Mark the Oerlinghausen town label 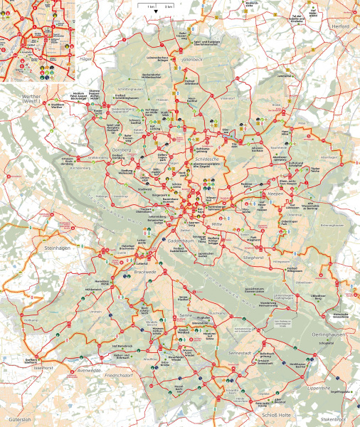pyautogui.click(x=329, y=334)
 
